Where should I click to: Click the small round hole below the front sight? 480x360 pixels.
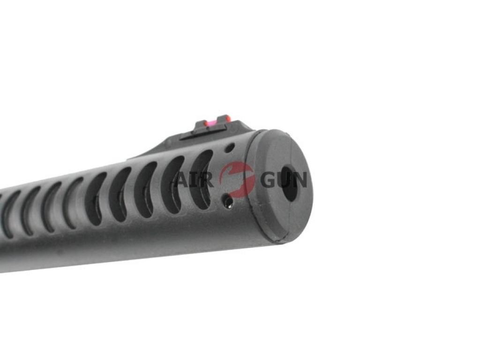click(229, 148)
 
